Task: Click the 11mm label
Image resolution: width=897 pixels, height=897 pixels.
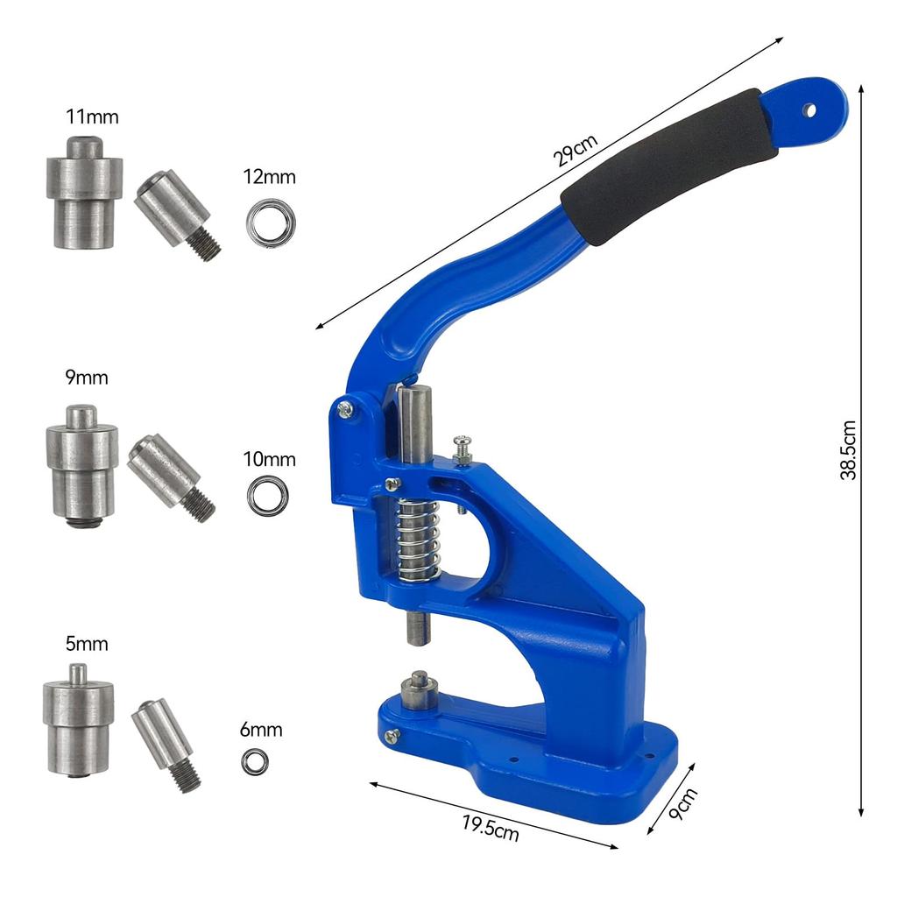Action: pos(92,117)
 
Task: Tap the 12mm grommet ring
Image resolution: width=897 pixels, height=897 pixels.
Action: pos(270,222)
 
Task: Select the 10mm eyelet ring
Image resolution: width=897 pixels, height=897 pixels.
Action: pos(267,496)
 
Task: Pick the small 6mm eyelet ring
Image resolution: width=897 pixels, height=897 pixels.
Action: pos(255,762)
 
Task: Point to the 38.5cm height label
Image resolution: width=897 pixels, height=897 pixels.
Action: pos(848,450)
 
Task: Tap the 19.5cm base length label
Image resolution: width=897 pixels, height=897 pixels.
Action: pos(491,828)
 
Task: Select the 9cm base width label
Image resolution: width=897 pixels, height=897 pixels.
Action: pos(682,804)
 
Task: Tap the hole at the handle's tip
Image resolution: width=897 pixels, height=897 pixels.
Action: pos(810,110)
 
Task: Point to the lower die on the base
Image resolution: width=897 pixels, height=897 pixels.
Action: pos(419,689)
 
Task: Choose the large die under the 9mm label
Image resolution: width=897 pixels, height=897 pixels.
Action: pos(82,464)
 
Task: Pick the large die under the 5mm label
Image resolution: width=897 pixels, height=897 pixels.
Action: pos(78,722)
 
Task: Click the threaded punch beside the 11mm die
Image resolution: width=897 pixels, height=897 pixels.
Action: pos(178,215)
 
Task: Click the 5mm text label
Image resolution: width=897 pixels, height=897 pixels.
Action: pos(87,644)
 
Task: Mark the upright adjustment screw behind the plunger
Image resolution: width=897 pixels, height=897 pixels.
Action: pos(463,451)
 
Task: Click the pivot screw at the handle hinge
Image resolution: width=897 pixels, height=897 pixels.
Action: pos(346,408)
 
